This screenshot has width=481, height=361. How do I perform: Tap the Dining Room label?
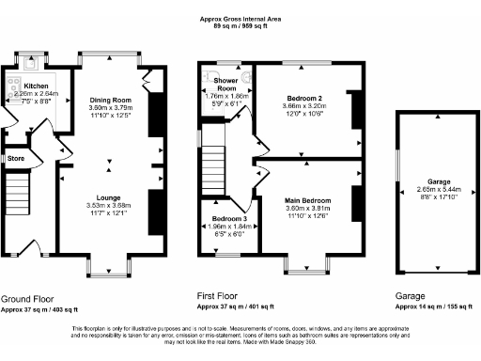pyautogui.click(x=108, y=100)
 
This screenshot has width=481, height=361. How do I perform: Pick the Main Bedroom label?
pyautogui.click(x=305, y=200)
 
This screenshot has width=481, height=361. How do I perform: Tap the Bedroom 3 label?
pyautogui.click(x=219, y=218)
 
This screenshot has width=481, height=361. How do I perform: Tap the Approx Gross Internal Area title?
pyautogui.click(x=241, y=18)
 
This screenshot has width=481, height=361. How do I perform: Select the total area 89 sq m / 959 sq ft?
pyautogui.click(x=241, y=26)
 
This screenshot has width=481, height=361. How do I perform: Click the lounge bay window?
pyautogui.click(x=107, y=271)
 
